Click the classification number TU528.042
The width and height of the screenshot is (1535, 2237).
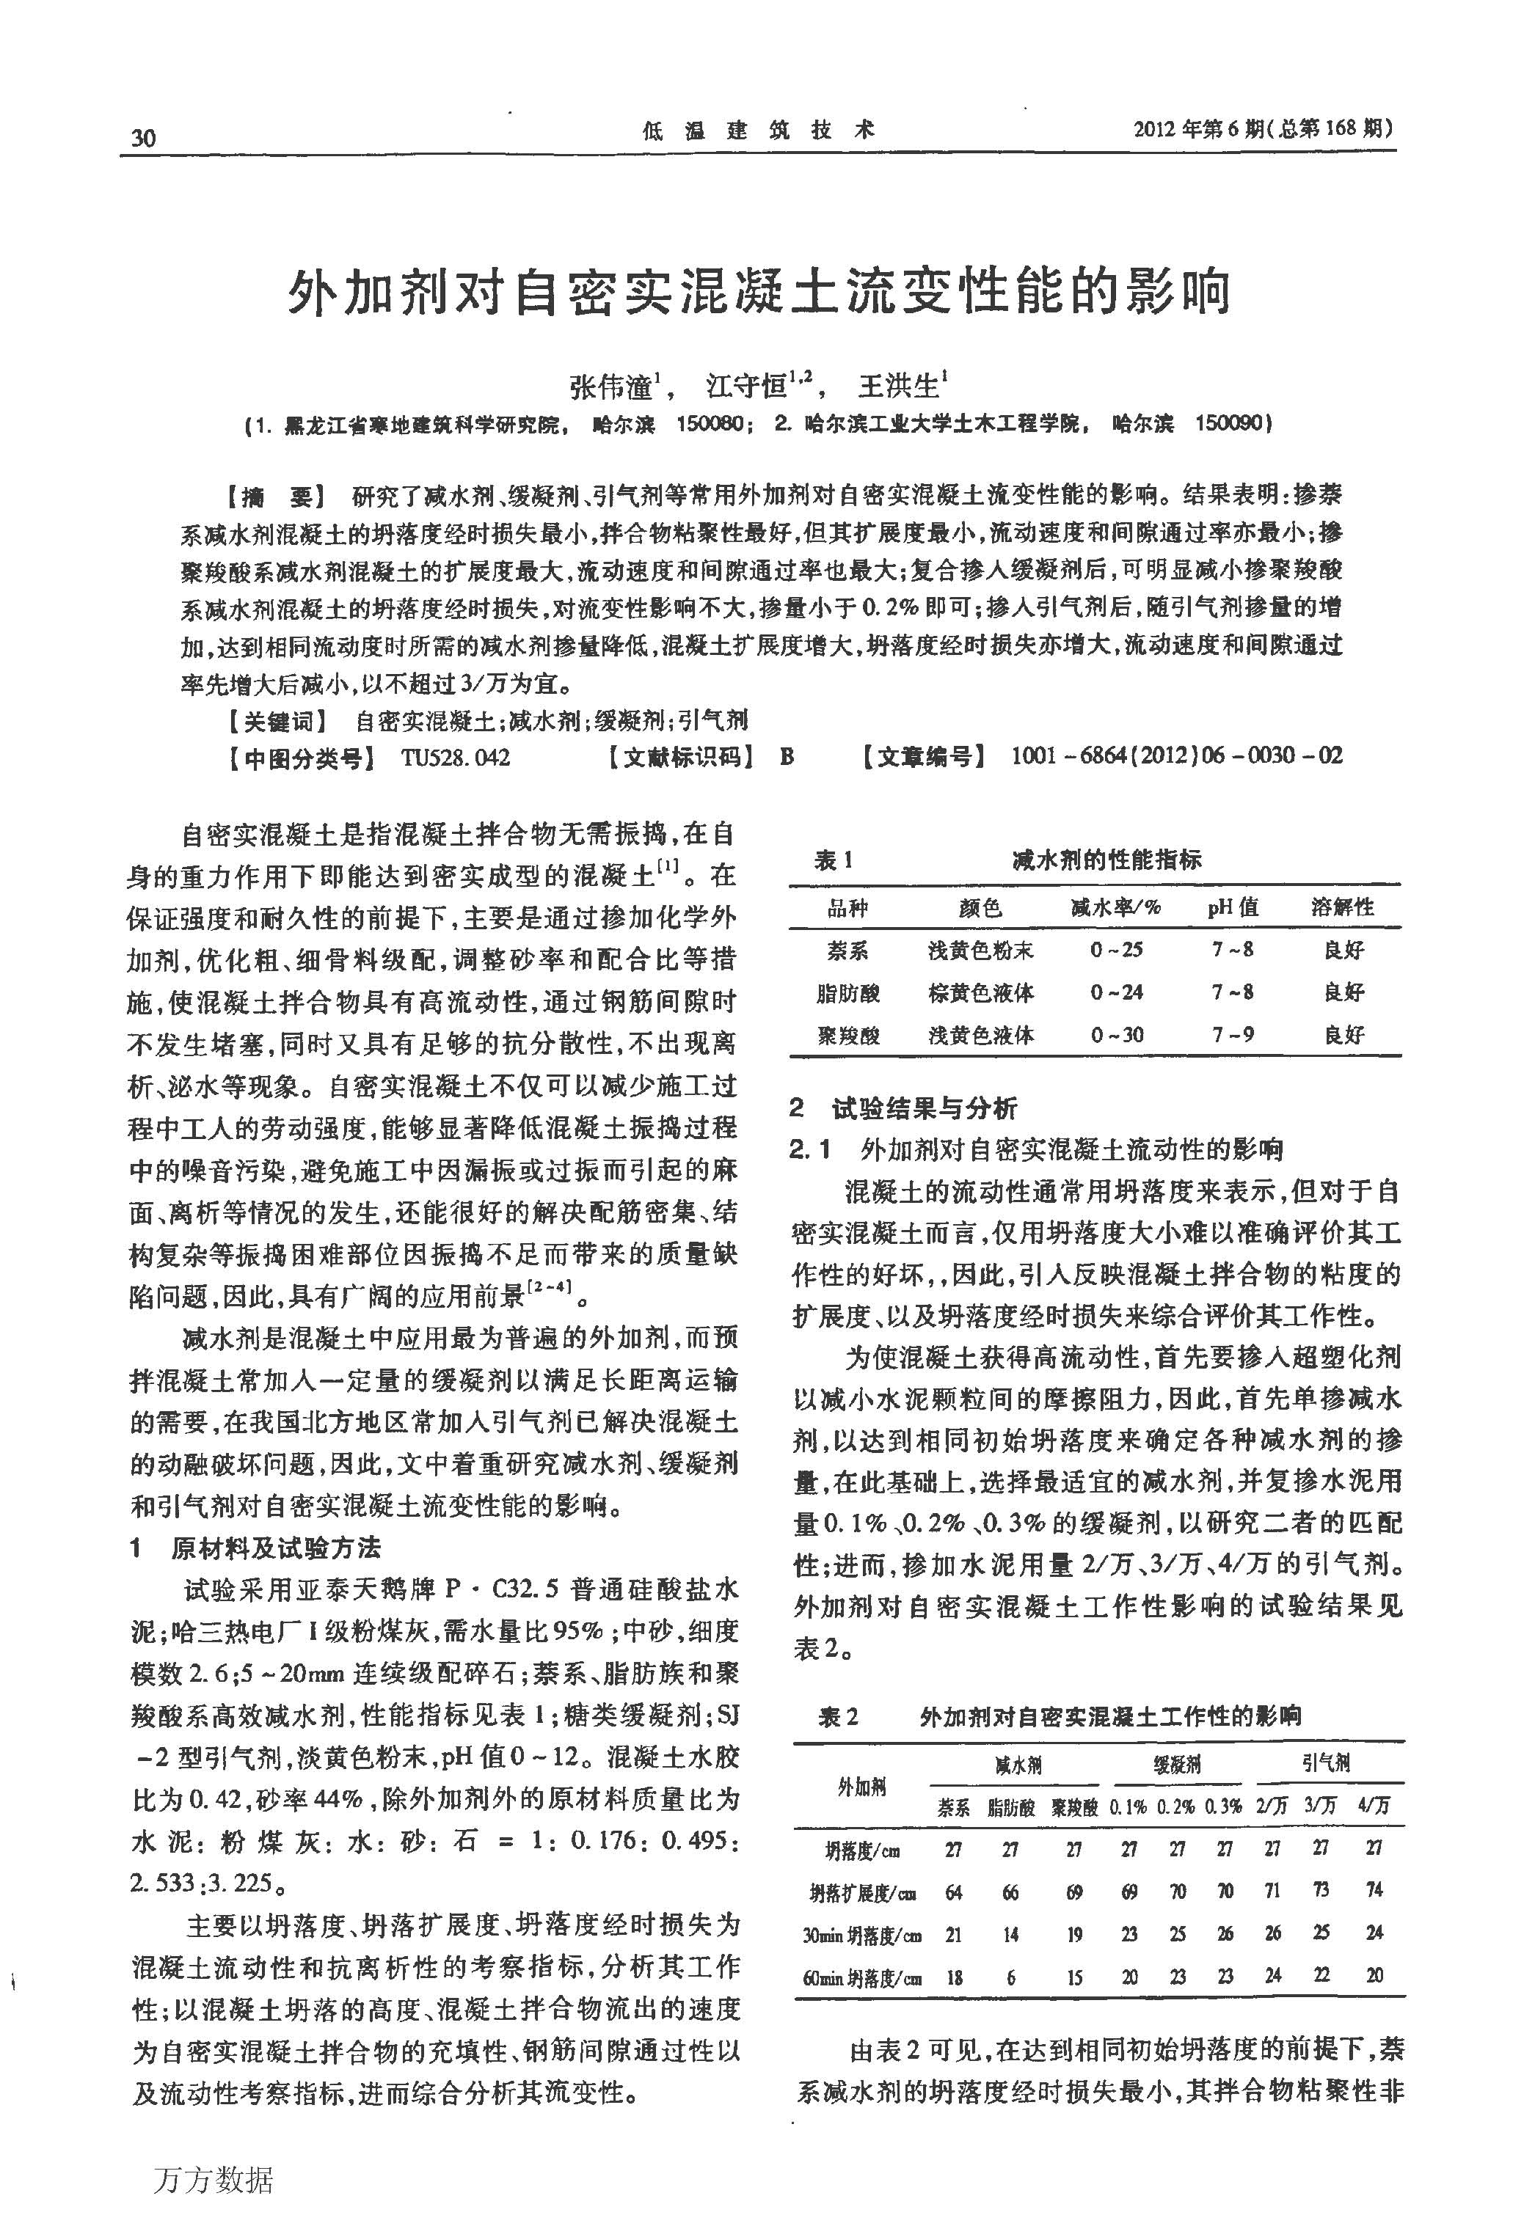click(x=456, y=758)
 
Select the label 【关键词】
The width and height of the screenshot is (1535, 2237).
click(x=274, y=721)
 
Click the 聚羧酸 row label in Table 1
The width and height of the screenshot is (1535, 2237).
click(x=848, y=1035)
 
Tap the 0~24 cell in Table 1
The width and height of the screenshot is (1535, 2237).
click(x=1117, y=992)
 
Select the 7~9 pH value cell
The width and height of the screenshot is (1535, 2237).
click(x=1233, y=1035)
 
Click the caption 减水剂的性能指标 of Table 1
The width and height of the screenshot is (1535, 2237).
click(x=1106, y=860)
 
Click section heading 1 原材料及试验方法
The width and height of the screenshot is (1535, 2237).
click(x=256, y=1548)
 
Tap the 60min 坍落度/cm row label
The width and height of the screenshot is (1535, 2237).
click(x=862, y=1979)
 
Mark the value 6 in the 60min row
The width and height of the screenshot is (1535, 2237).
click(x=1010, y=1977)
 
